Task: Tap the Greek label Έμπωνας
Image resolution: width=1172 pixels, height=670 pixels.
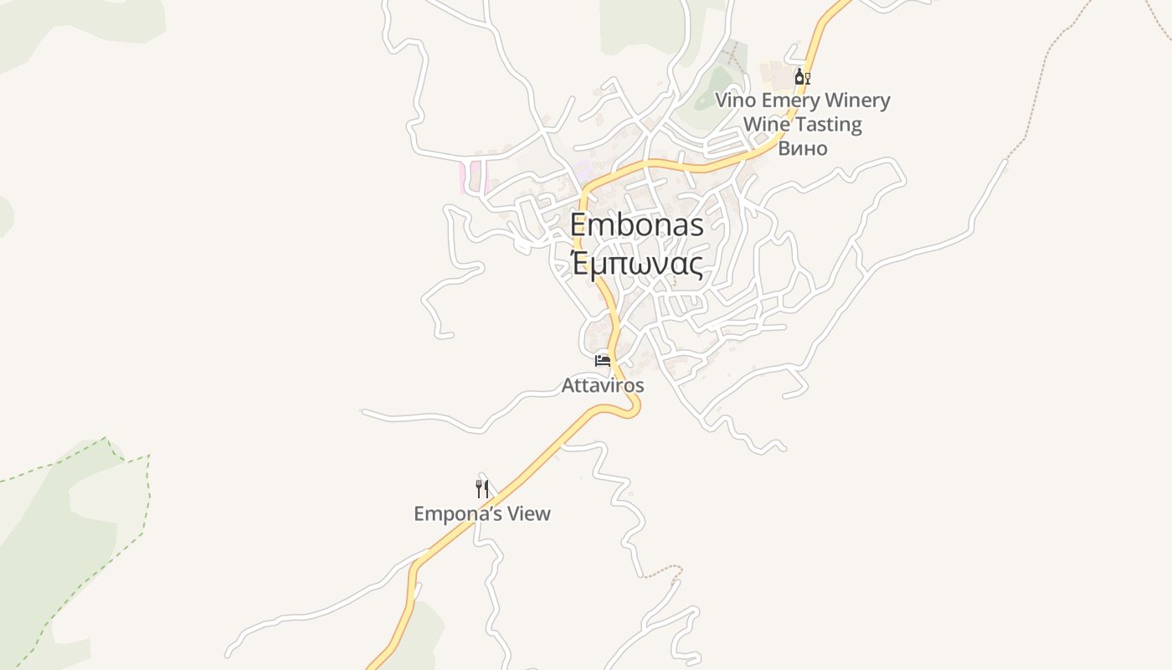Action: pyautogui.click(x=636, y=263)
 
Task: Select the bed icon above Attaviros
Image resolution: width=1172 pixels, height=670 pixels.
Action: pyautogui.click(x=603, y=361)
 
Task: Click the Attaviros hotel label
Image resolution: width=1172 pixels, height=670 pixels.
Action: pyautogui.click(x=603, y=385)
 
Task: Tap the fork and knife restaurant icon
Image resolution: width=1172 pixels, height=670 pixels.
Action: pyautogui.click(x=482, y=488)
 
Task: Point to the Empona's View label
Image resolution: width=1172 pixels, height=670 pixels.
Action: pyautogui.click(x=482, y=513)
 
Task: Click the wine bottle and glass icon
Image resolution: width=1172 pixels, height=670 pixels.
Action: pyautogui.click(x=802, y=77)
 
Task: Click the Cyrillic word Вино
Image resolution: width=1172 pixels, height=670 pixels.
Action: pyautogui.click(x=803, y=148)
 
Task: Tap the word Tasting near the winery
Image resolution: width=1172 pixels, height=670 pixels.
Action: pyautogui.click(x=828, y=125)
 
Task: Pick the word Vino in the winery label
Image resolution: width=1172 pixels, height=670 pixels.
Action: pyautogui.click(x=735, y=100)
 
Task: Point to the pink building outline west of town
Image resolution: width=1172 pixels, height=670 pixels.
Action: pyautogui.click(x=462, y=178)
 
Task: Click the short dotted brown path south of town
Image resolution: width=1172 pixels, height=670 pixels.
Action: pyautogui.click(x=661, y=571)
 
